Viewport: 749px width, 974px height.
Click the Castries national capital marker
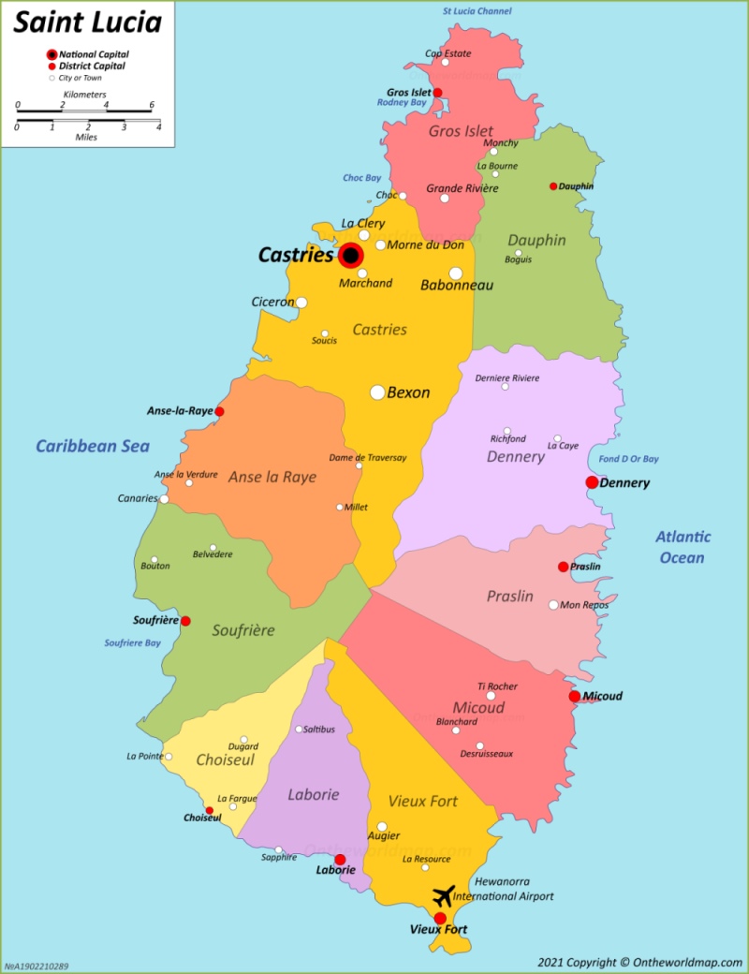pos(351,255)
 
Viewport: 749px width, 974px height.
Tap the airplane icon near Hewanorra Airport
pos(444,894)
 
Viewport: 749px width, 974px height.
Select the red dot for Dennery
pos(592,482)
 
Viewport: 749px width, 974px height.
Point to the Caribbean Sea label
pos(93,446)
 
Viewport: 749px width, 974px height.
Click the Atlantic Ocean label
pos(683,547)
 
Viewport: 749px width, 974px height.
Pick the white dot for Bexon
pos(377,392)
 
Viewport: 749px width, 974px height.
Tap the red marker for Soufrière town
pos(185,621)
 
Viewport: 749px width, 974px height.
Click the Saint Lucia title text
pos(87,22)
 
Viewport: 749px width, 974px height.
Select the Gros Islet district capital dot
pos(437,93)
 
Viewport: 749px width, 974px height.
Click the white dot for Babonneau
pos(455,273)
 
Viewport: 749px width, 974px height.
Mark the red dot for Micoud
pos(574,696)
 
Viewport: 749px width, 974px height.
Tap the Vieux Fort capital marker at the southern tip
pos(440,918)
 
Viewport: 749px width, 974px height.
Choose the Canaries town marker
pos(164,499)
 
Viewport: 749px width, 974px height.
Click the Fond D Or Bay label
pos(629,459)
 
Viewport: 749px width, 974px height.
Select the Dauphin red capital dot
pos(553,186)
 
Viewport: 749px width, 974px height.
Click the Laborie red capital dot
pos(340,859)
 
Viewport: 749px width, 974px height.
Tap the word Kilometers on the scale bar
pos(84,95)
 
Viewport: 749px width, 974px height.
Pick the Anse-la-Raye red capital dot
pos(219,411)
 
